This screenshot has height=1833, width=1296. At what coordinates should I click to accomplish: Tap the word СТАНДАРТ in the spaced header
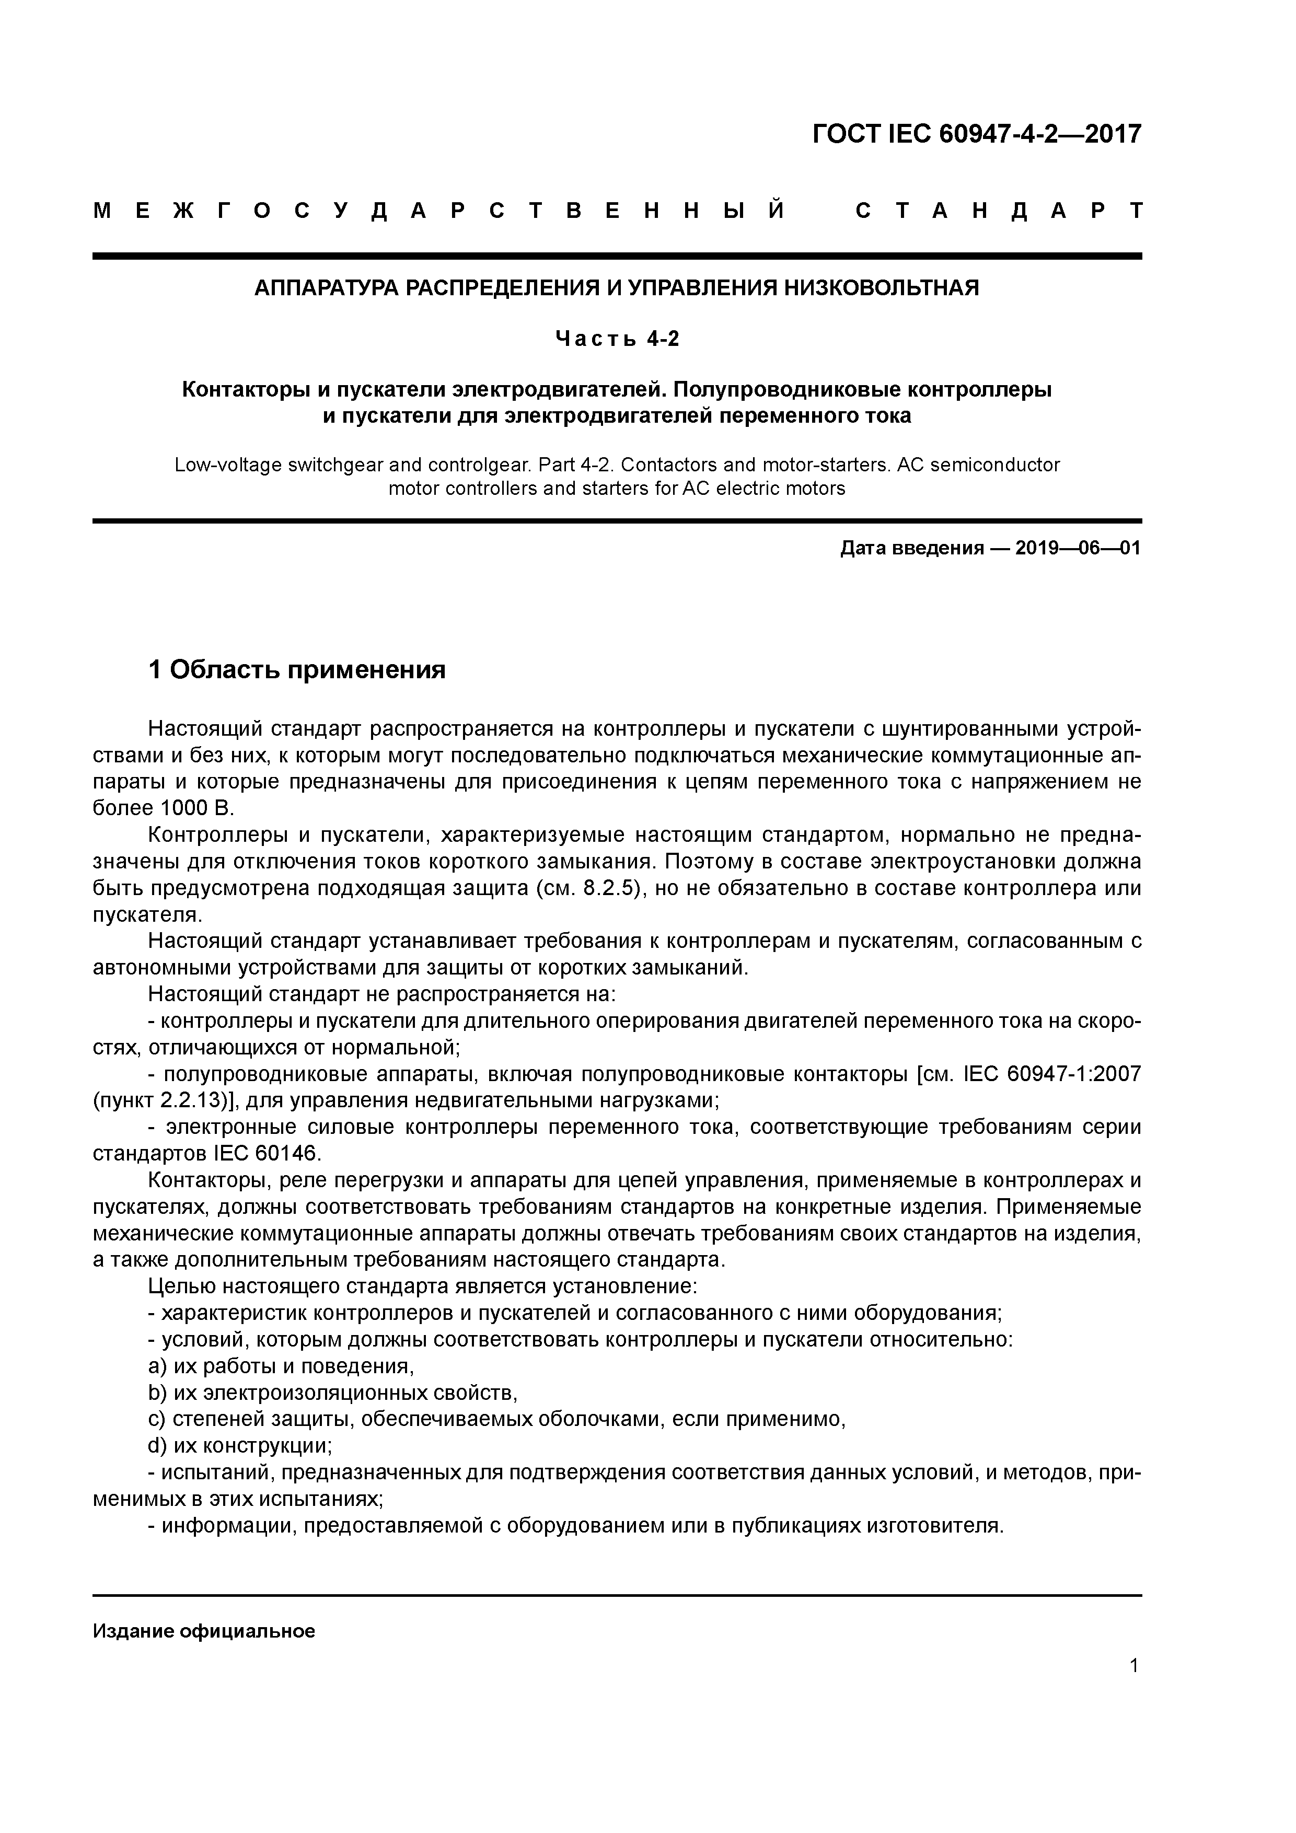(x=999, y=212)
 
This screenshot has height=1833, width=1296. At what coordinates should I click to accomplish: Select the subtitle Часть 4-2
(x=617, y=339)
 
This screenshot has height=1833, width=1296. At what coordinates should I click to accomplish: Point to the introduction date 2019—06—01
(x=1078, y=549)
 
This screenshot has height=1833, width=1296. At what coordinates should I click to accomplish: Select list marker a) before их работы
(x=157, y=1366)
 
